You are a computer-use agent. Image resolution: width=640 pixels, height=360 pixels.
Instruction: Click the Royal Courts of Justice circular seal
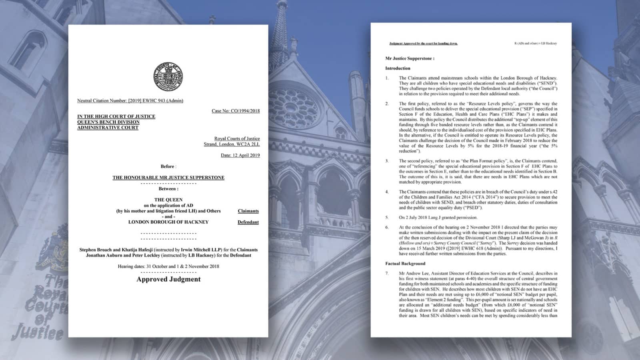point(168,76)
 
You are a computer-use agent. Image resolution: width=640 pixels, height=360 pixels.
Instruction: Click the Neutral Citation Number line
point(130,101)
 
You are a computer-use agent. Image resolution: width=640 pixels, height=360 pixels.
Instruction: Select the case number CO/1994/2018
point(236,111)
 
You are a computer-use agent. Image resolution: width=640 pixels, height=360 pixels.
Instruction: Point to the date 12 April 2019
point(240,155)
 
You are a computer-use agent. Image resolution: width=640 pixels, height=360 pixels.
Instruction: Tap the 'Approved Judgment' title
point(168,279)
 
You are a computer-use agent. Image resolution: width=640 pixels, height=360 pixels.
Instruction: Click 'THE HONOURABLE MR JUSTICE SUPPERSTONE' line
point(168,178)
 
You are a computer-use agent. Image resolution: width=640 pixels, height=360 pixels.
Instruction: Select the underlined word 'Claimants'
point(248,211)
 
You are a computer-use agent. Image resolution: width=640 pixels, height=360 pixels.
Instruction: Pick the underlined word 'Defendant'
point(248,222)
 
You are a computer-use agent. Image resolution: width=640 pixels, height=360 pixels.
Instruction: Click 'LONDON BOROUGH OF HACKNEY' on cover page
point(168,222)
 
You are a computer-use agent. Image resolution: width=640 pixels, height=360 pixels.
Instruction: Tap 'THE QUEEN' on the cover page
point(168,200)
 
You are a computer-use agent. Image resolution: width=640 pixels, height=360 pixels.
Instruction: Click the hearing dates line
point(168,266)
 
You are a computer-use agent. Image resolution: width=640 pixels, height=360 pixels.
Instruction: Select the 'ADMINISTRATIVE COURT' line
point(108,128)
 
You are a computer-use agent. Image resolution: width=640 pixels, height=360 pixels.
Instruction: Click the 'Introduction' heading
point(398,68)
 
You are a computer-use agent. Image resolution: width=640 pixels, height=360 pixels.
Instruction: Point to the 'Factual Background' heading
point(405,264)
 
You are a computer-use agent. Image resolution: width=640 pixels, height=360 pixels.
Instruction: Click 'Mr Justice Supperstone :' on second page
point(410,58)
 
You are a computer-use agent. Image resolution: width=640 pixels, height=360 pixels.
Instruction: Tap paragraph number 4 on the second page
point(387,192)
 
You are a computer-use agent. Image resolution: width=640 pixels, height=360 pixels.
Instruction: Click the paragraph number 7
point(387,274)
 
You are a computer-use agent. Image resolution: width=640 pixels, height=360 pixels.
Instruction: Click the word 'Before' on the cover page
point(168,166)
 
